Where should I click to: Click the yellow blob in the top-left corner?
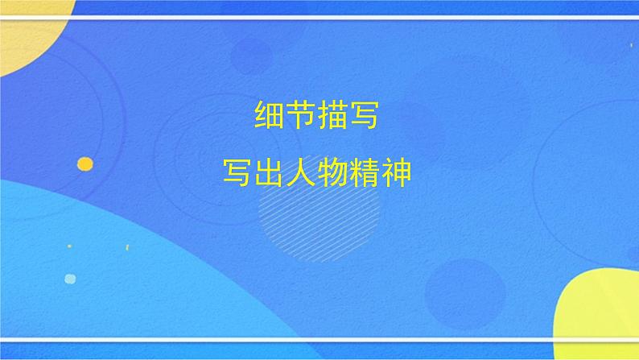pos(28,32)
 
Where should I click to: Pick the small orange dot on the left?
pos(85,164)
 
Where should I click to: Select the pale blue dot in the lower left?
pos(70,279)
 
